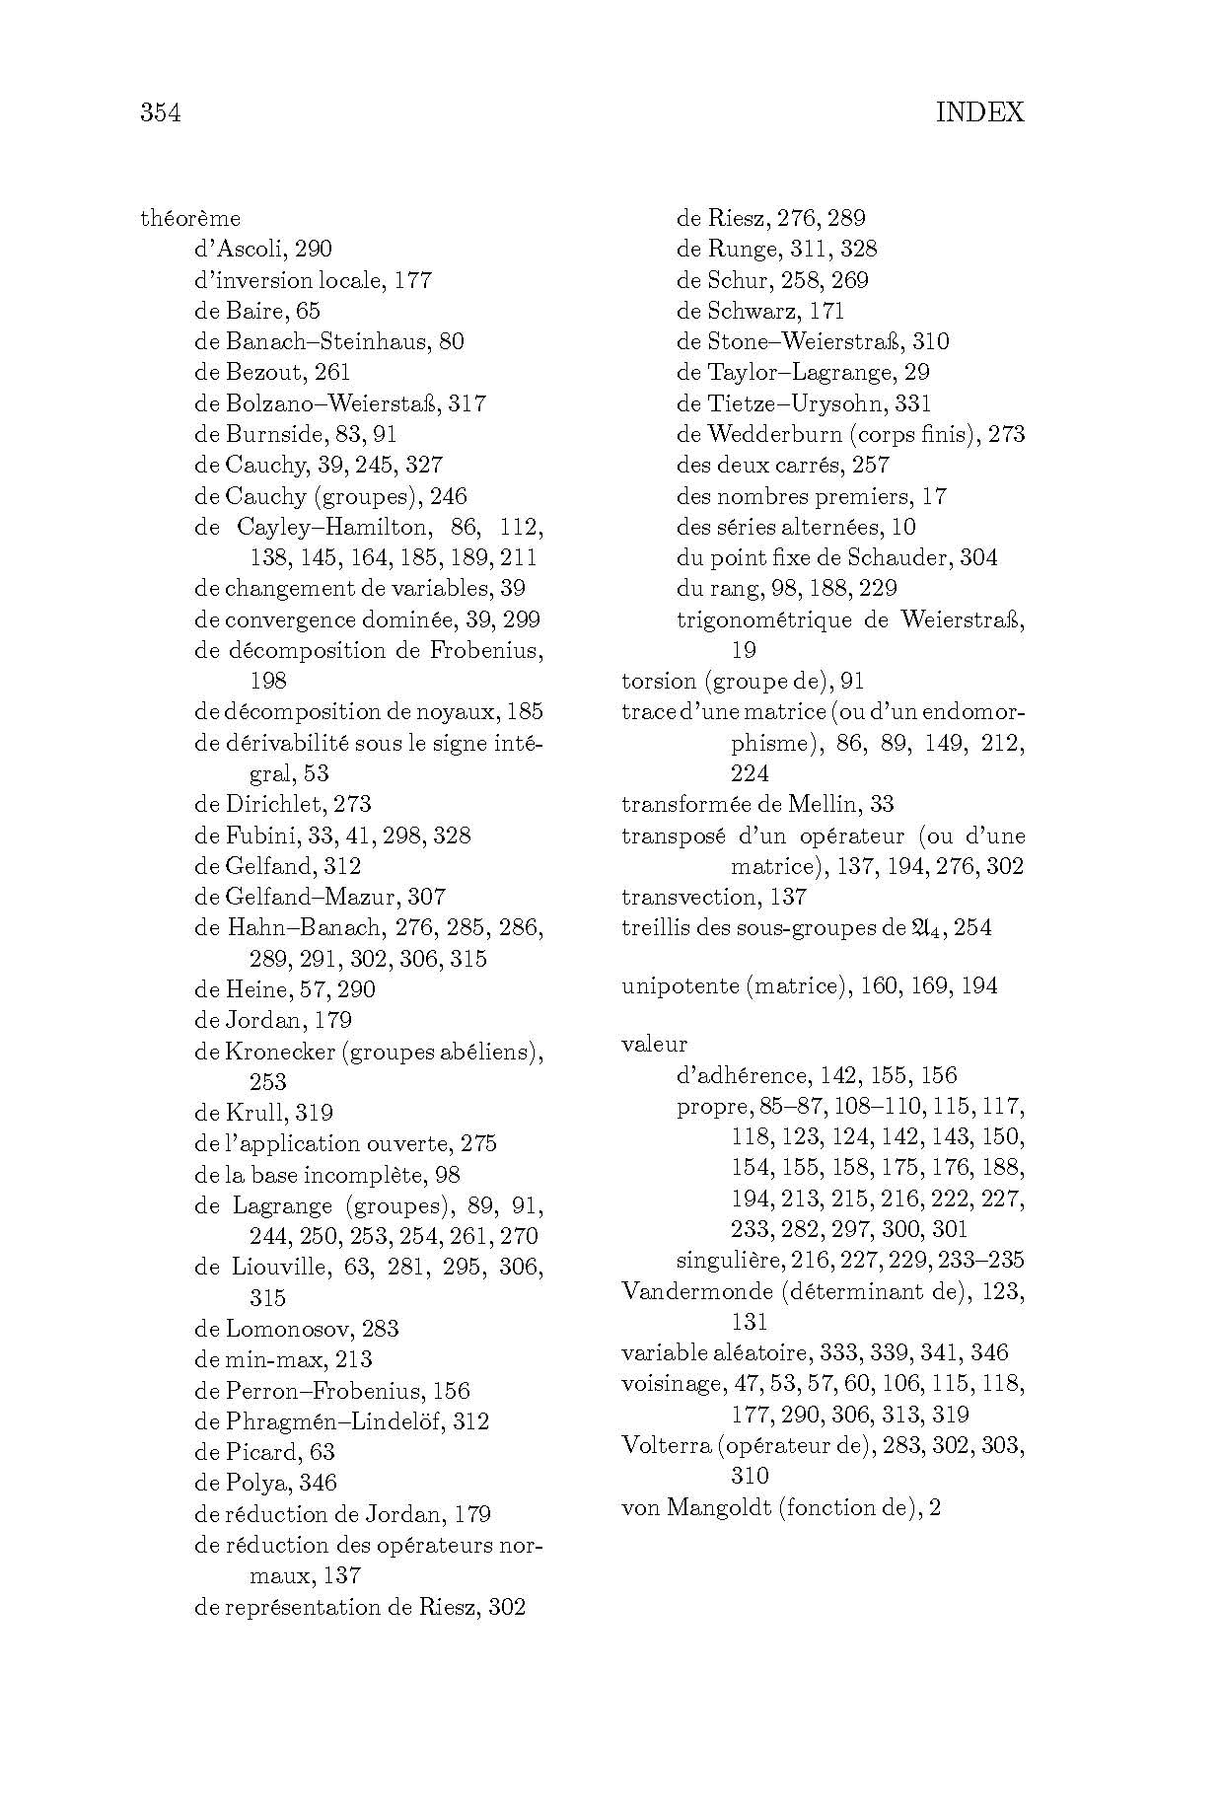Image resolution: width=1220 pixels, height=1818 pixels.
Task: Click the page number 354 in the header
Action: tap(161, 112)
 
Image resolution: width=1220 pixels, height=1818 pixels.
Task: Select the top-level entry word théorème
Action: tap(190, 218)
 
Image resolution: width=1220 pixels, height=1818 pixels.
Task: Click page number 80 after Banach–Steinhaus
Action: tap(452, 341)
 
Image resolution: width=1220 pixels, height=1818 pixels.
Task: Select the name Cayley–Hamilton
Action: tap(336, 527)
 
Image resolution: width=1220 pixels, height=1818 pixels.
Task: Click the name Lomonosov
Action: tap(286, 1329)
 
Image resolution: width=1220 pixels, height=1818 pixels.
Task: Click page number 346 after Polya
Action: tap(319, 1483)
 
